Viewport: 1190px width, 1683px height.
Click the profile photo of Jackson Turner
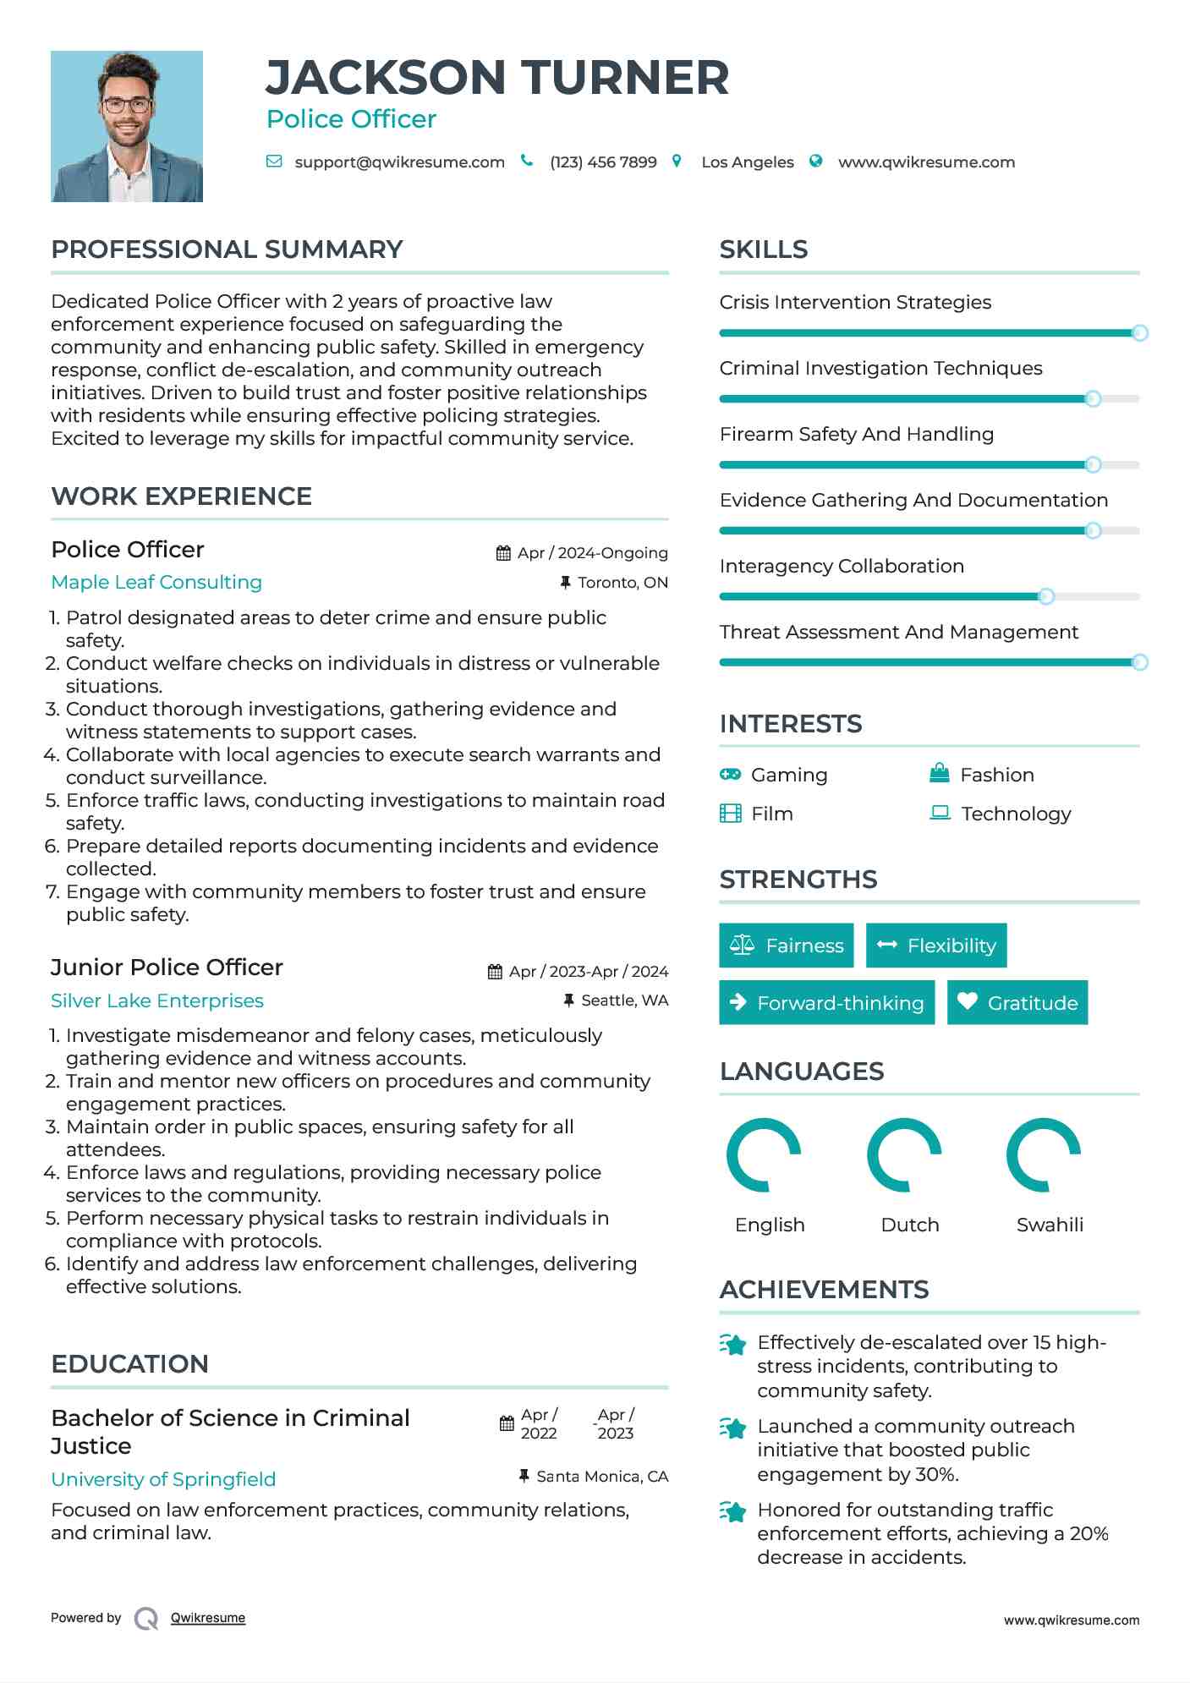[127, 126]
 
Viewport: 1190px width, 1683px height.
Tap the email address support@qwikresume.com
[399, 162]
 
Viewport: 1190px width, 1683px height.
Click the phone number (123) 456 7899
[603, 162]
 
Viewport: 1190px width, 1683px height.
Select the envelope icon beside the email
[274, 162]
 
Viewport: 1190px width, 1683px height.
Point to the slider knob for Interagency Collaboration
[1046, 596]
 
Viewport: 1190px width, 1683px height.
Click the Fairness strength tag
[786, 946]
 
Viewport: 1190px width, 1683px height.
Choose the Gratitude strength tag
[1017, 1003]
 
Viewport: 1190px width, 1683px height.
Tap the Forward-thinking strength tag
[826, 1003]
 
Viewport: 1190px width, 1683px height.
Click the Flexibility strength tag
[936, 946]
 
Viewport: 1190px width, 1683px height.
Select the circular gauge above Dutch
[904, 1155]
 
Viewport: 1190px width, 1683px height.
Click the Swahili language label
[1050, 1225]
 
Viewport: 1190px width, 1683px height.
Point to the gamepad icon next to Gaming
[730, 775]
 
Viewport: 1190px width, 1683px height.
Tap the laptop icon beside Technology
[940, 814]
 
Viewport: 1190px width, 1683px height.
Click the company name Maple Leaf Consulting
[156, 582]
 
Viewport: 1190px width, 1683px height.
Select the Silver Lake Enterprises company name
[157, 1000]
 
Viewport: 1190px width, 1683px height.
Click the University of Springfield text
[163, 1479]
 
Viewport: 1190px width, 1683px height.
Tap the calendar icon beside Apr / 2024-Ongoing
[503, 553]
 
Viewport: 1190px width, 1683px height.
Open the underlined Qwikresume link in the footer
[208, 1618]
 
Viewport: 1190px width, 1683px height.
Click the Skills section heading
[764, 249]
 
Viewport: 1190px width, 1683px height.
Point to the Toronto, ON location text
[622, 583]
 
